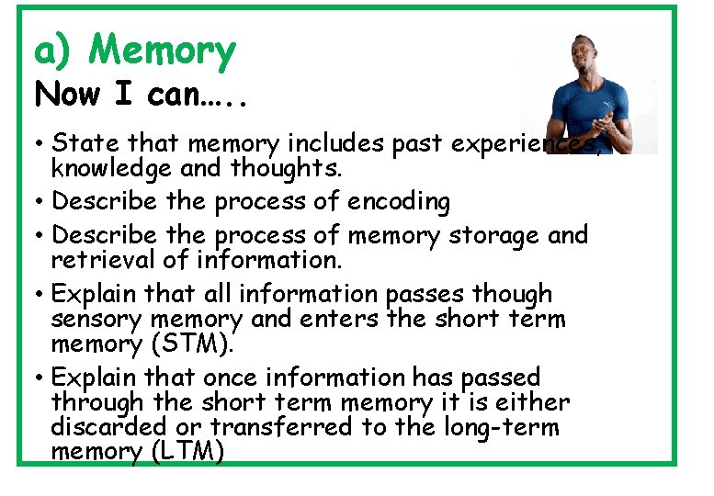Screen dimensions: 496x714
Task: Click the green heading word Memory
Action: [162, 51]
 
